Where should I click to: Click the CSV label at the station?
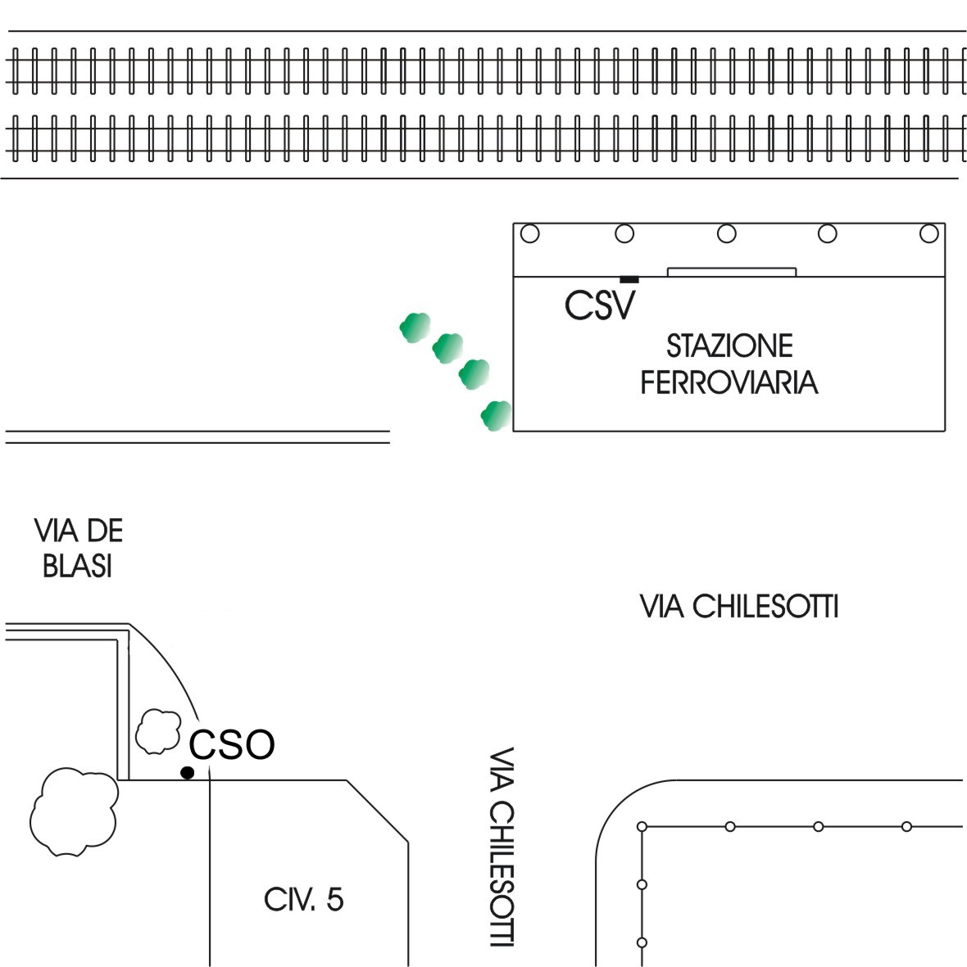click(x=601, y=305)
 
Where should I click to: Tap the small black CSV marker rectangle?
click(x=629, y=280)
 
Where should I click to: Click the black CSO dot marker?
click(x=188, y=772)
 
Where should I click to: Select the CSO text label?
click(x=232, y=745)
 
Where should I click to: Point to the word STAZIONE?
click(x=729, y=346)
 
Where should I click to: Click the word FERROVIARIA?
click(x=729, y=382)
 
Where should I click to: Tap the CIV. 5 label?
click(x=304, y=901)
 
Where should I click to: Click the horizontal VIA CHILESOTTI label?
click(x=738, y=607)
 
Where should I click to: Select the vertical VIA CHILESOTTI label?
click(x=501, y=847)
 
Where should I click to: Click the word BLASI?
click(x=78, y=567)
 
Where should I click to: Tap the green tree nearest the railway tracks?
click(x=415, y=328)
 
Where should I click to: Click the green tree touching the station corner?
click(x=496, y=416)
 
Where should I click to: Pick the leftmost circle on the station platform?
click(x=530, y=234)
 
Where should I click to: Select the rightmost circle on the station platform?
click(x=928, y=234)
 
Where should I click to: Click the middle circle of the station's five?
click(x=726, y=234)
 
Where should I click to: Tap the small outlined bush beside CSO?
click(x=157, y=730)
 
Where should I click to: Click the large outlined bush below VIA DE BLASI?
click(x=73, y=811)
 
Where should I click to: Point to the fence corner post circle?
click(x=642, y=826)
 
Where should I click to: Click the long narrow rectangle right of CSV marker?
click(x=732, y=272)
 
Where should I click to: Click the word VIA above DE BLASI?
click(x=54, y=532)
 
